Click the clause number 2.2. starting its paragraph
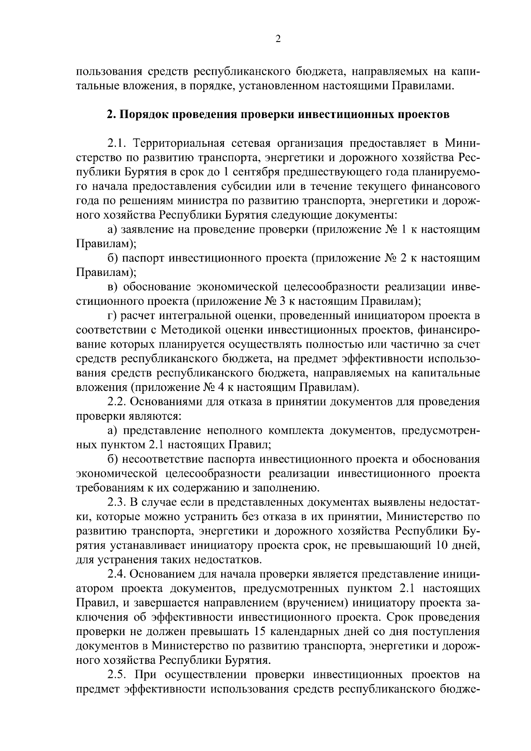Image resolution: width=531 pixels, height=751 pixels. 117,402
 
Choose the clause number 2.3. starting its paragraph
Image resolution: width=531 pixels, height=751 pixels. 117,502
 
